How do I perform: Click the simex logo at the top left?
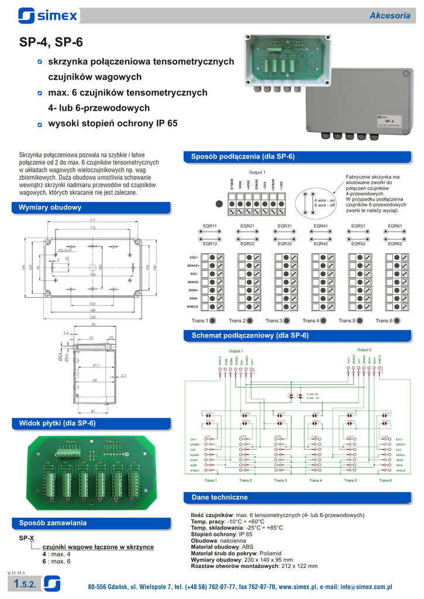click(47, 15)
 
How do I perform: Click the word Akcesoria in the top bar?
click(389, 16)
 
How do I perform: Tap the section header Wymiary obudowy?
click(50, 208)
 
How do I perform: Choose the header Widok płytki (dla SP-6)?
click(57, 423)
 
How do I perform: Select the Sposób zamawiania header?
click(53, 522)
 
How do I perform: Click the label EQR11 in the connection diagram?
click(209, 226)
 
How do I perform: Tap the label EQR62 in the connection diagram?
click(395, 243)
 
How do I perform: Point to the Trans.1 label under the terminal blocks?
click(199, 321)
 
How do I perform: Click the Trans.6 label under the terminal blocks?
click(383, 321)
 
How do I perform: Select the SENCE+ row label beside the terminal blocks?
click(193, 266)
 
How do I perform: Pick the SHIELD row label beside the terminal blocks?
click(192, 307)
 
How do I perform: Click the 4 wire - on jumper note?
click(325, 200)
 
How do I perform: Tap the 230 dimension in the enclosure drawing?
click(92, 316)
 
